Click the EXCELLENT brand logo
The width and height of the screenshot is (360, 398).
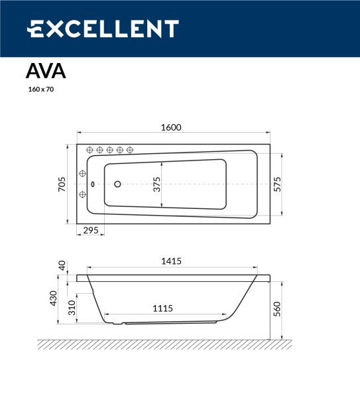point(103,29)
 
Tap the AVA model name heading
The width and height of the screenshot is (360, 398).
point(46,72)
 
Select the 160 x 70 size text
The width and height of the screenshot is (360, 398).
point(41,90)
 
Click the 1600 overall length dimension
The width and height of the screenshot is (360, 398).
point(171,127)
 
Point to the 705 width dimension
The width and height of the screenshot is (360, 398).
point(62,184)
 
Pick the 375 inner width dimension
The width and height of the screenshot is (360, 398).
point(157,184)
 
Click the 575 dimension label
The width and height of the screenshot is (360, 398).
point(278,184)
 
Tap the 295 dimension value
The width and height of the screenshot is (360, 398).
point(91,230)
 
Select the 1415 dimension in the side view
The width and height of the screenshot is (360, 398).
point(172,261)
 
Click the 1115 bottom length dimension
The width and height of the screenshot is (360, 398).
point(162,308)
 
